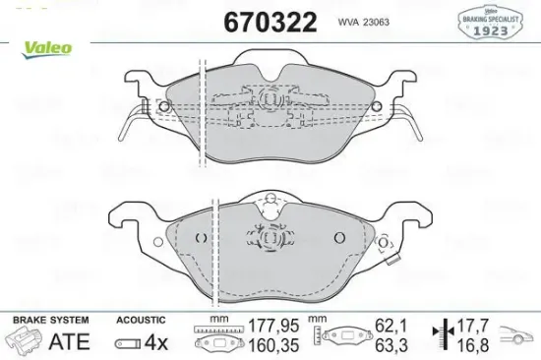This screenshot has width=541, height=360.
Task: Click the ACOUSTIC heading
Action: pyautogui.click(x=138, y=321)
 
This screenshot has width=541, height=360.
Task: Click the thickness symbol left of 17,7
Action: pyautogui.click(x=445, y=333)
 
